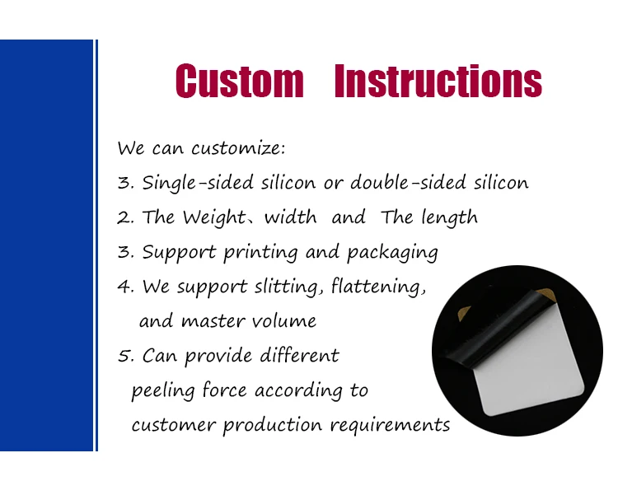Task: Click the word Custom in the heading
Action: [240, 81]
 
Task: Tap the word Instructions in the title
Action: [438, 81]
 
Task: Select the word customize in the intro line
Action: [238, 148]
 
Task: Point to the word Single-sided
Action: [198, 183]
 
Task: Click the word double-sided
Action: [409, 182]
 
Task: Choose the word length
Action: [449, 217]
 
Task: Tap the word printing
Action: [260, 253]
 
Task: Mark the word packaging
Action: [392, 253]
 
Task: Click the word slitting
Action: [288, 287]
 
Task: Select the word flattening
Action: [378, 287]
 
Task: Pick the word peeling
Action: [163, 390]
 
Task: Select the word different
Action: [299, 355]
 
